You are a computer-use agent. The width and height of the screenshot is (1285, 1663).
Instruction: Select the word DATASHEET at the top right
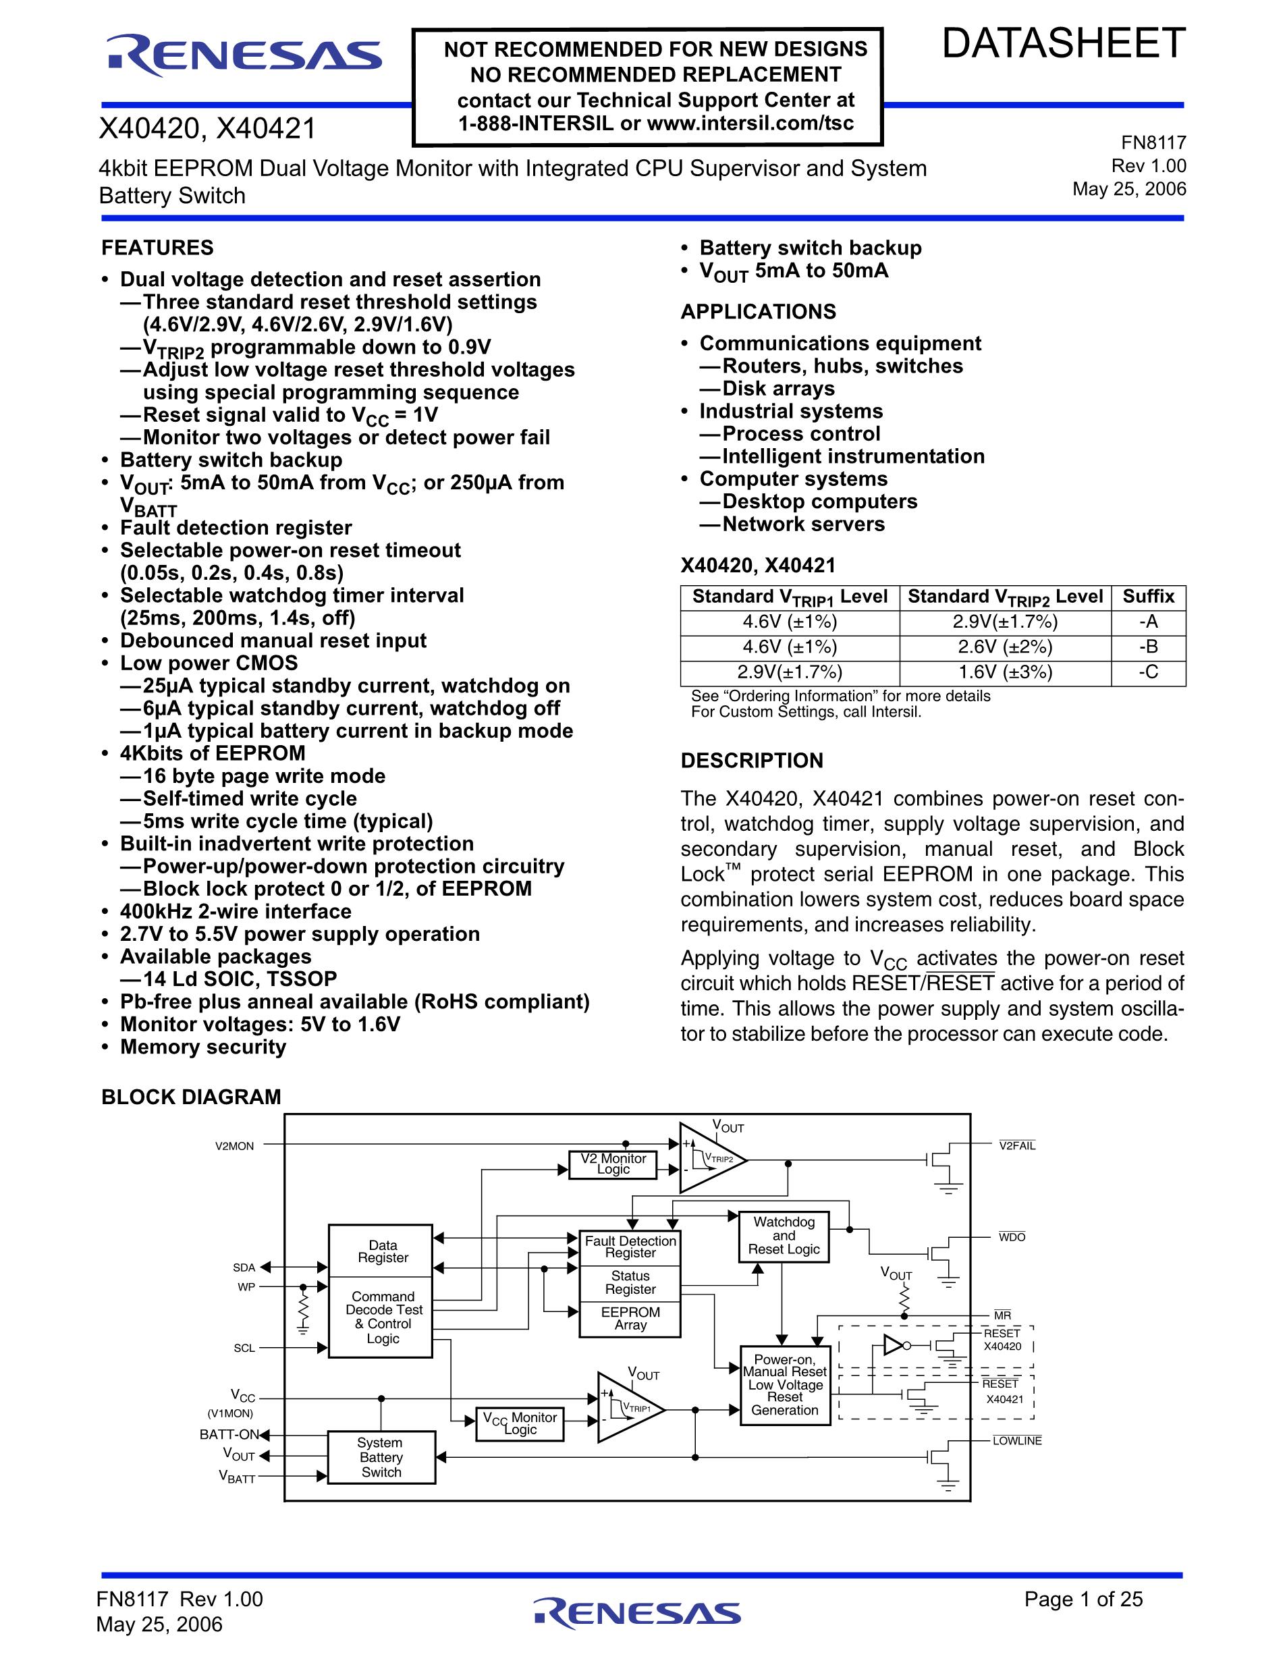1064,43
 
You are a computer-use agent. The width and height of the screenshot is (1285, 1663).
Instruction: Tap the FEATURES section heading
157,248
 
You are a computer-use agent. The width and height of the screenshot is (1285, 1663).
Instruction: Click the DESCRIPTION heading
751,761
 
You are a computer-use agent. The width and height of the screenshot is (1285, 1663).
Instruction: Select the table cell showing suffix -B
1148,647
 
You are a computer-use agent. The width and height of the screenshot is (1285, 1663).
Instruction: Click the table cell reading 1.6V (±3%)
1005,672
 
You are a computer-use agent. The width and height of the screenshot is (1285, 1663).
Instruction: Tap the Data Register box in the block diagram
383,1251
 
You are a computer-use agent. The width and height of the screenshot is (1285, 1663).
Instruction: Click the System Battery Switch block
381,1457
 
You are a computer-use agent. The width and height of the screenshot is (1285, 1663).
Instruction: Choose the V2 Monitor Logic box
613,1164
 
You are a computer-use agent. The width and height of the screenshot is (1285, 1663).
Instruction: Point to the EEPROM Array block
630,1318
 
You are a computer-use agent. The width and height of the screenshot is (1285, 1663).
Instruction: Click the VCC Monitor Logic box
519,1423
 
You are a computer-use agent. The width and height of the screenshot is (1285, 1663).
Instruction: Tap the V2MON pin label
234,1146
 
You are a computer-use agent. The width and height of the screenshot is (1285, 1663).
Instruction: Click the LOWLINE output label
1016,1441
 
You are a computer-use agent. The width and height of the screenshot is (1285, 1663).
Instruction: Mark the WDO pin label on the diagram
1012,1237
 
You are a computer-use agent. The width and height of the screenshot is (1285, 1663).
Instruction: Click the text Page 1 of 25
1083,1599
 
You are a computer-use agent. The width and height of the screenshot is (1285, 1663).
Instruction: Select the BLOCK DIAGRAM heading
191,1097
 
